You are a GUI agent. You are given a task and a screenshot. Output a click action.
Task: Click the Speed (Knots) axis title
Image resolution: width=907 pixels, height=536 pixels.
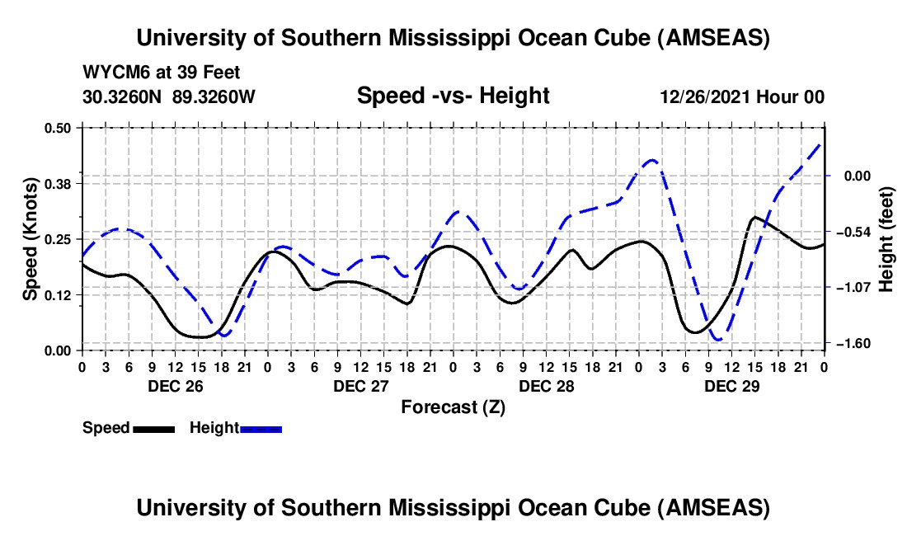(30, 238)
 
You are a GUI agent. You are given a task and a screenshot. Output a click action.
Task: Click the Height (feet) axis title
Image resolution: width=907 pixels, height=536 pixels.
(887, 238)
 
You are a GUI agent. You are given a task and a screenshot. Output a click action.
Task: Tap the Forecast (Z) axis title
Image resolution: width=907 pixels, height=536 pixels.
(453, 407)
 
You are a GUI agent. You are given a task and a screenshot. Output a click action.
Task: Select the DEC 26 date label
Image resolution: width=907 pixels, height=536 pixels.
(175, 386)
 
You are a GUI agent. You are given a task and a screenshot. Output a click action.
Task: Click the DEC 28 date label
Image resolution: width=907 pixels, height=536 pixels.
(546, 386)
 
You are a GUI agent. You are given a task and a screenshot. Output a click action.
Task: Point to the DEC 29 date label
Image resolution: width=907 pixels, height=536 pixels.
(731, 386)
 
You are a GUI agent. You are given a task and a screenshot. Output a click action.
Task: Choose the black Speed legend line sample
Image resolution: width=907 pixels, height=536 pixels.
(153, 428)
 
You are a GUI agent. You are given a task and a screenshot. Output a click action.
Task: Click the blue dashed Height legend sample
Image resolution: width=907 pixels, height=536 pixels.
(261, 428)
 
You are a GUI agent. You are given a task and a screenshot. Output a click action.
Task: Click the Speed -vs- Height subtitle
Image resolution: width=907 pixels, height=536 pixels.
(453, 96)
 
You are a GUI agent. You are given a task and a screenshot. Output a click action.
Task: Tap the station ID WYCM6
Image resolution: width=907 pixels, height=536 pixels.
(112, 73)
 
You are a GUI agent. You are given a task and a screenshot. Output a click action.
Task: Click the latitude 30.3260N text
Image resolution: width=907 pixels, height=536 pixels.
(123, 96)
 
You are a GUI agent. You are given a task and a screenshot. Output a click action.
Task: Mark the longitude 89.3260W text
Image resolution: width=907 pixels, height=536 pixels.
(214, 96)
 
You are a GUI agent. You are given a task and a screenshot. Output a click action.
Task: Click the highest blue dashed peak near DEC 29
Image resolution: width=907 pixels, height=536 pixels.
(652, 160)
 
